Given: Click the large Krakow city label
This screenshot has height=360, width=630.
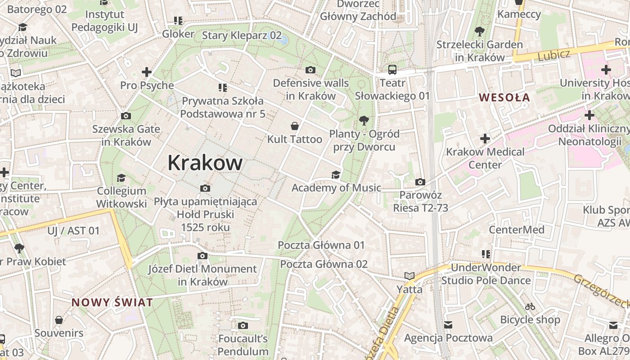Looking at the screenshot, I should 205,163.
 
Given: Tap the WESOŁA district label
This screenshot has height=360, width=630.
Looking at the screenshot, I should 504,97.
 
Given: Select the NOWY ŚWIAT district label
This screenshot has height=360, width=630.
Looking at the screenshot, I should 112,302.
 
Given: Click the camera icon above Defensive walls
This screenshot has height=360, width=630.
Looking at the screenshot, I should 310,70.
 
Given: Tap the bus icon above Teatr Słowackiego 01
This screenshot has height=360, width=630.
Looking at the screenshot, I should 392,70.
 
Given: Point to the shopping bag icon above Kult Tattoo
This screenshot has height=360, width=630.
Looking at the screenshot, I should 295,126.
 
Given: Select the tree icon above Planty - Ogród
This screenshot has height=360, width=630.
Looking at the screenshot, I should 364,121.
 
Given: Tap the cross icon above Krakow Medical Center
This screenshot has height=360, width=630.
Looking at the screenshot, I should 485,139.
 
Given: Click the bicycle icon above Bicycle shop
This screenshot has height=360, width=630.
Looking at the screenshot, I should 530,307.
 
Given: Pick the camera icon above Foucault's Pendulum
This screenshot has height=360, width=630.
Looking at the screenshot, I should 243,325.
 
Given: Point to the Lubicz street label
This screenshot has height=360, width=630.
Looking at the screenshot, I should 554,55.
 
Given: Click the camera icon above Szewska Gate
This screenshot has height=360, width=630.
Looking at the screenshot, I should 126,116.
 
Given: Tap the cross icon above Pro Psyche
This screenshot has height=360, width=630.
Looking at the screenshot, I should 146,72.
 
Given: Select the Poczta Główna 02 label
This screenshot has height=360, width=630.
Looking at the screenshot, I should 324,264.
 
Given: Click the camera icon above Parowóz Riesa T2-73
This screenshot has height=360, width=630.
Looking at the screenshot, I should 420,182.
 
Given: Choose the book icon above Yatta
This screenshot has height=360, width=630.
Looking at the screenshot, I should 409,276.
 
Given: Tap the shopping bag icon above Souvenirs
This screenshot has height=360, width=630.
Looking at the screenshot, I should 59,320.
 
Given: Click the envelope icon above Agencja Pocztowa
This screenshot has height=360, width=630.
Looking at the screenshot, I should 448,324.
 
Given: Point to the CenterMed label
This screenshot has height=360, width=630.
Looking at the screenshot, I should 517,230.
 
